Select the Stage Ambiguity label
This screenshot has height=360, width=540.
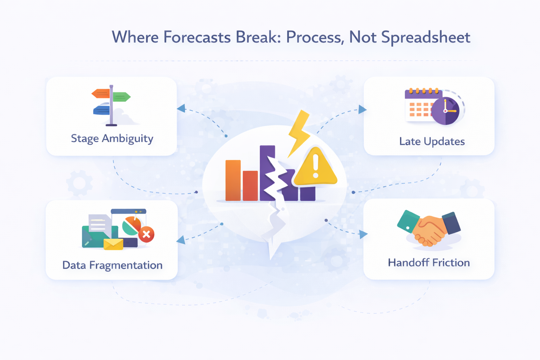pos(112,139)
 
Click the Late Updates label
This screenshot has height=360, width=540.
pos(432,141)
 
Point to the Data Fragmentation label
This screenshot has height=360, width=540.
pos(112,265)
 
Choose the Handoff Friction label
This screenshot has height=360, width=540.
pos(429,263)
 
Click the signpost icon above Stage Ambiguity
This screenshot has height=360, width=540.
pos(111,105)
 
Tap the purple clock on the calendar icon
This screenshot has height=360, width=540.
pos(445,111)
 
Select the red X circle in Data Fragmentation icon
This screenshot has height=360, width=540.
pos(146,234)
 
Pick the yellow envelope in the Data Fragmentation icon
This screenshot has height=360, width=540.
pos(113,244)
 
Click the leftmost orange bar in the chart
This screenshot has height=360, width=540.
pos(233,180)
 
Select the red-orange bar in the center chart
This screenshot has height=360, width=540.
pos(250,186)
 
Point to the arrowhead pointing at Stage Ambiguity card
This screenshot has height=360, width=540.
pos(181,108)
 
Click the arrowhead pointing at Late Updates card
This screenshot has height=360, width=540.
pos(362,109)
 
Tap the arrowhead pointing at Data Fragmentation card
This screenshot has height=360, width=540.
pos(181,240)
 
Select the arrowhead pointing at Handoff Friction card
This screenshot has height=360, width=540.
pos(363,234)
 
